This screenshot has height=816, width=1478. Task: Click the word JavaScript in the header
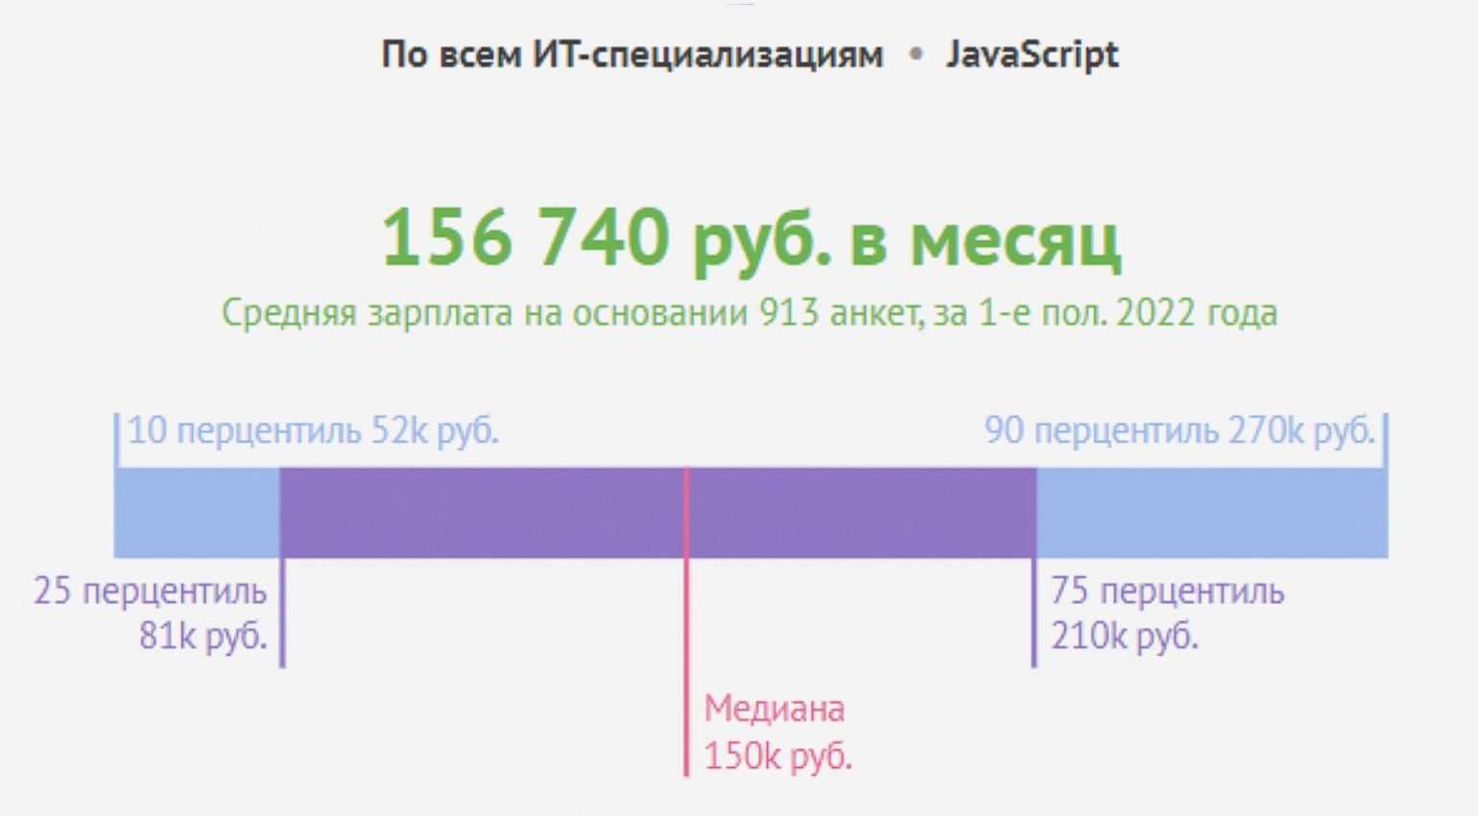1032,55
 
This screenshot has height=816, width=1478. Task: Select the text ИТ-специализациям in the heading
708,55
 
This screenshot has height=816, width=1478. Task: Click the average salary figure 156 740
525,237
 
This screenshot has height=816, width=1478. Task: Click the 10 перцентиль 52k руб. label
313,431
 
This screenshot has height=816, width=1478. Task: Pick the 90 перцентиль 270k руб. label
1180,431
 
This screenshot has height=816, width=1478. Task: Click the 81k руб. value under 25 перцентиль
203,636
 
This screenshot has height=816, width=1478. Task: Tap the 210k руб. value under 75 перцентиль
1124,636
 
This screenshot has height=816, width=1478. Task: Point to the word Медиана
775,709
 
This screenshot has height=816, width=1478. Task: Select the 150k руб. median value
777,756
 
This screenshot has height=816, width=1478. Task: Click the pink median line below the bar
686,662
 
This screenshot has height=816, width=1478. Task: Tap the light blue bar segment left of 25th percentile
197,513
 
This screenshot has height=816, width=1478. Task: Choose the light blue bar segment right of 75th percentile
1211,513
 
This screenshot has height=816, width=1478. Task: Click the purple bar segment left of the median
482,513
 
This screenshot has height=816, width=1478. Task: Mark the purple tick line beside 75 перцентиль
1034,614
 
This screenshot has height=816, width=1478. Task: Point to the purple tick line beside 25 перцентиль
282,614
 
